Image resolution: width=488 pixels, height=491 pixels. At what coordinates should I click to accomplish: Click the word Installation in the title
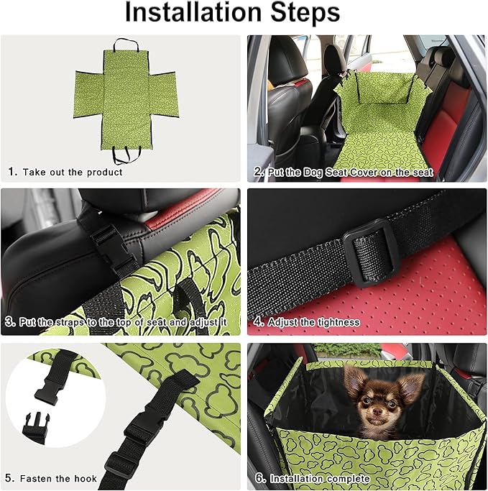click(193, 12)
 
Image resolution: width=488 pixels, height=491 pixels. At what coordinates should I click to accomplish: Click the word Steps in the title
click(305, 12)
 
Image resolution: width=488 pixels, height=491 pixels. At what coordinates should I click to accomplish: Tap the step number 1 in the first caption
click(11, 172)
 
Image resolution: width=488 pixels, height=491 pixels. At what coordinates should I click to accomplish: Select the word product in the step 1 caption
click(104, 173)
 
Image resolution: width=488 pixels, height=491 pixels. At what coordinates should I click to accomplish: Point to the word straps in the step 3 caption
click(71, 322)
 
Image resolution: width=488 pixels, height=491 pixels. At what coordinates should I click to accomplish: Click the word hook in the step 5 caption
click(84, 479)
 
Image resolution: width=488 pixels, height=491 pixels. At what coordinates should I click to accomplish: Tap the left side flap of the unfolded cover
click(89, 95)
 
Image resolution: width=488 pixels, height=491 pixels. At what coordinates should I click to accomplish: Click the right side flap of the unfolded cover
click(164, 96)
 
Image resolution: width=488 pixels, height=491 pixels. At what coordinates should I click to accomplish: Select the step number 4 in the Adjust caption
click(258, 321)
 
